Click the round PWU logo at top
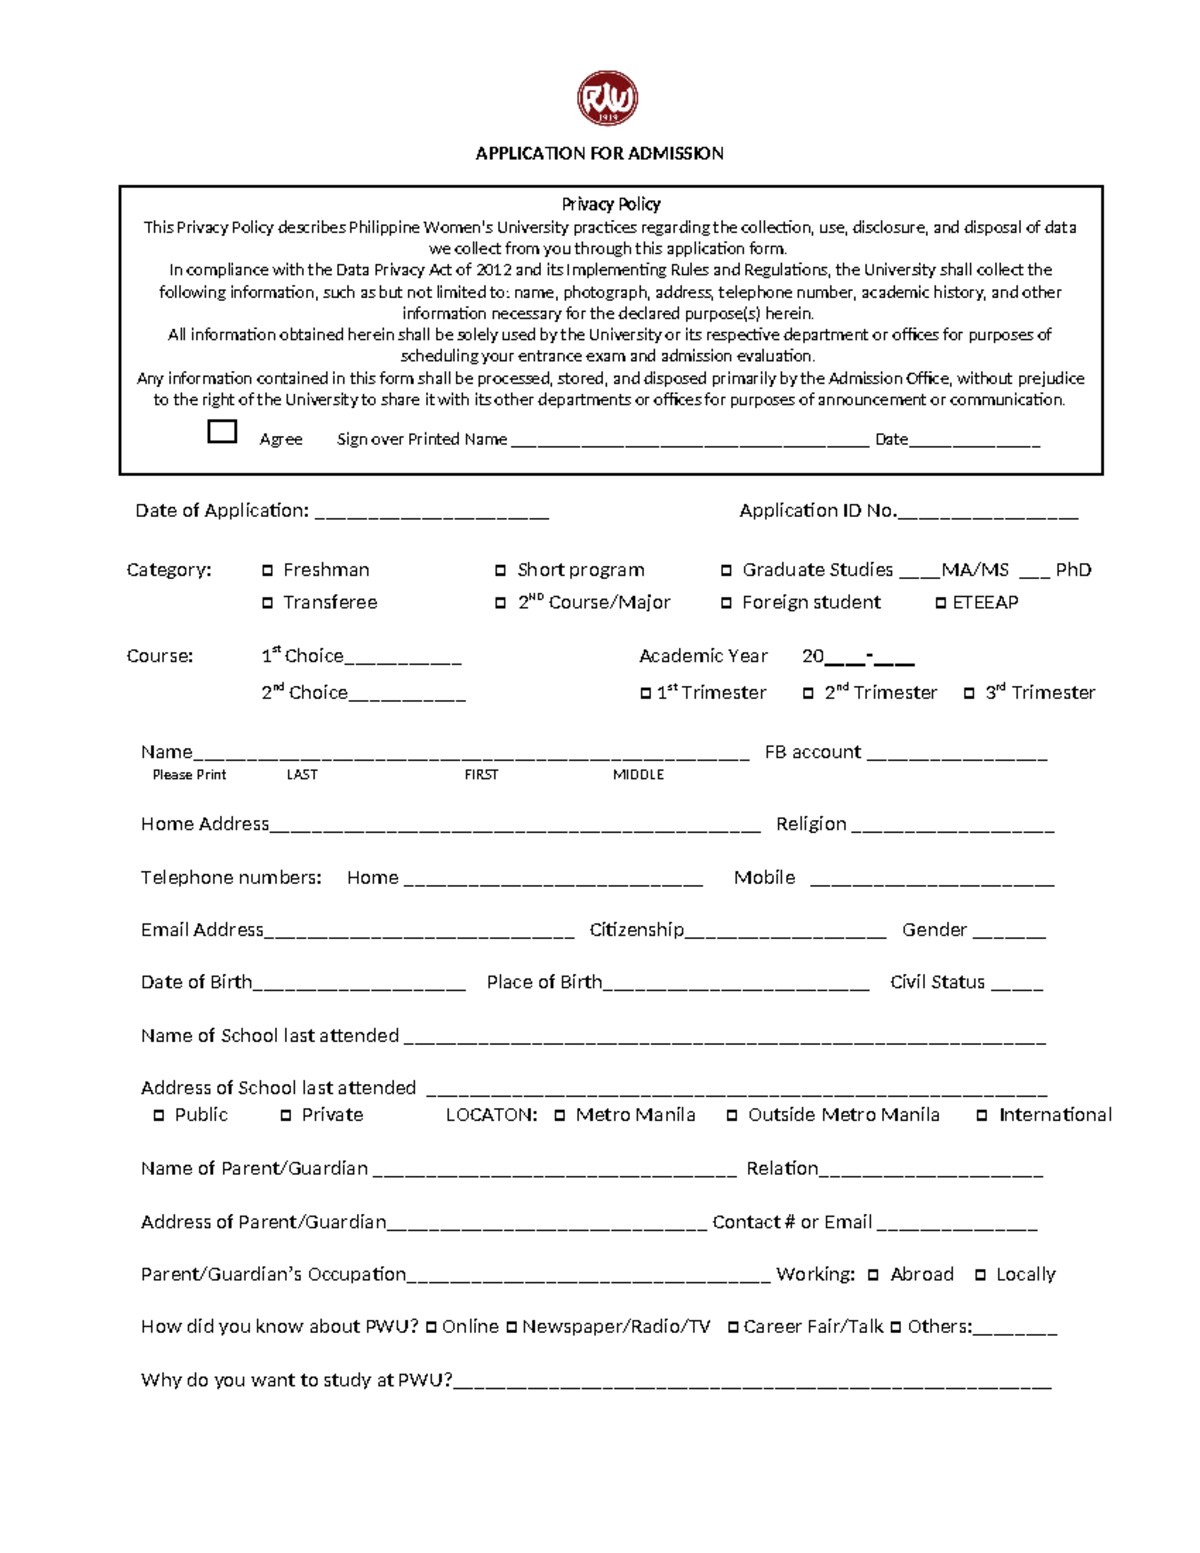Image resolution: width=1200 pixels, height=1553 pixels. coord(607,98)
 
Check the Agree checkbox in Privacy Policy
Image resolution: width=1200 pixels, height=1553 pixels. coord(222,431)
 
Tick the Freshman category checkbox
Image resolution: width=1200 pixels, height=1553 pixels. coord(267,570)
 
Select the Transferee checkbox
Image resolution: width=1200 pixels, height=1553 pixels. coord(267,603)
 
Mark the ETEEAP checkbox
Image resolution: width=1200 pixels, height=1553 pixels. coord(941,603)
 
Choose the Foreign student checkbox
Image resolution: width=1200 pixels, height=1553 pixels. coord(726,603)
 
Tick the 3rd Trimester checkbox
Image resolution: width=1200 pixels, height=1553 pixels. coord(969,693)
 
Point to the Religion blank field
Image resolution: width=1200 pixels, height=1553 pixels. coord(952,829)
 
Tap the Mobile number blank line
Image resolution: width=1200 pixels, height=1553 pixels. coord(931,882)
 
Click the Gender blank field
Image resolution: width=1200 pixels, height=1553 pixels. coord(1008,935)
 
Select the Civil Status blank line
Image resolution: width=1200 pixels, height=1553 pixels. coord(1016,987)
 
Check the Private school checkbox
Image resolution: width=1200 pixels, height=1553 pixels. coord(286,1115)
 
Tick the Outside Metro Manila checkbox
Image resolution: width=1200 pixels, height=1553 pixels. coord(732,1115)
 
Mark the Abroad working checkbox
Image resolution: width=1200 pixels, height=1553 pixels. coord(873,1275)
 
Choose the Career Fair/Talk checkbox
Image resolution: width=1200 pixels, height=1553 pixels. coord(733,1327)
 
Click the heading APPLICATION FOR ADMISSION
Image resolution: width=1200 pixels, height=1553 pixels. coord(599,153)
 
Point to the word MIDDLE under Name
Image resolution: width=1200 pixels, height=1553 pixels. coord(638,775)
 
